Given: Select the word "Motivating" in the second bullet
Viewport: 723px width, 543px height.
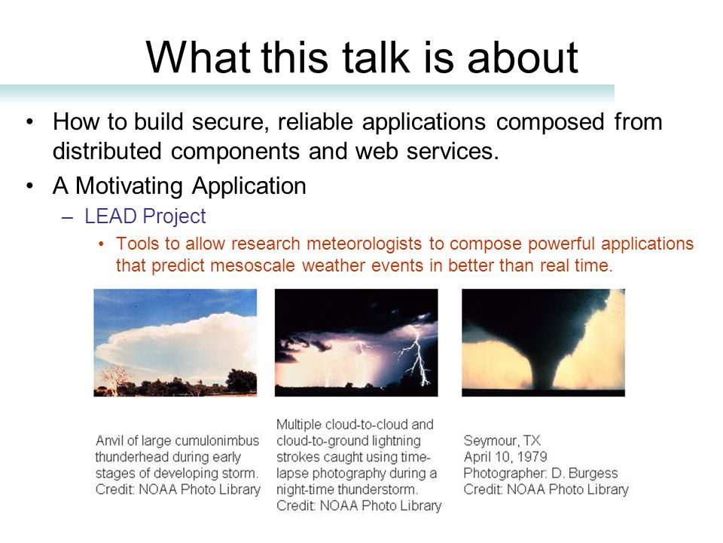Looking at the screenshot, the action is (129, 186).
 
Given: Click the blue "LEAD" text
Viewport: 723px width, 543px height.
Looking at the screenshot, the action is (111, 216).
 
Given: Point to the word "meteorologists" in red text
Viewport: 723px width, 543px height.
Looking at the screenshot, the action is (365, 244).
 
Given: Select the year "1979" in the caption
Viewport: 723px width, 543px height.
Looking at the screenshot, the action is (532, 457).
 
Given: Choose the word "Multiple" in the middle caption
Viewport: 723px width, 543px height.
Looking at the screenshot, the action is (299, 425).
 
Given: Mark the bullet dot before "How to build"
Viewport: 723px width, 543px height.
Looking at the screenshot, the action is (30, 122).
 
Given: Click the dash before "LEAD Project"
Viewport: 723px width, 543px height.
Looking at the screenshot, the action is (67, 217).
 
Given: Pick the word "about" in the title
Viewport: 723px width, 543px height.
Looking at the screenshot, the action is (523, 57).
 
